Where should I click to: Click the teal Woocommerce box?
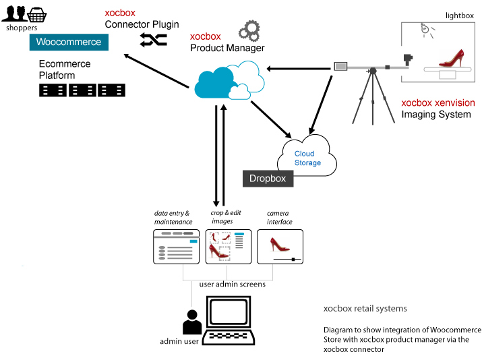click(68, 42)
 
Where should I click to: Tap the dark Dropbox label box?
click(268, 179)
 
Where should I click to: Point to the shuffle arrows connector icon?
click(153, 40)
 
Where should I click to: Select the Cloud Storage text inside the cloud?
click(307, 158)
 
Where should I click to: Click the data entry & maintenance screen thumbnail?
click(176, 246)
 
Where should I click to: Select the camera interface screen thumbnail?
click(280, 246)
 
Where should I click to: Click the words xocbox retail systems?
click(365, 309)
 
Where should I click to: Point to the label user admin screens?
click(232, 284)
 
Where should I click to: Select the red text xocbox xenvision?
click(438, 103)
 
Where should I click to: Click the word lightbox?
click(460, 15)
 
